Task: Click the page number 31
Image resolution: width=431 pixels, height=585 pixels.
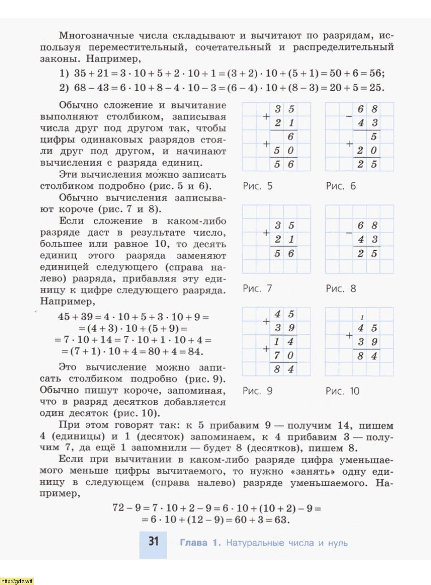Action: [154, 542]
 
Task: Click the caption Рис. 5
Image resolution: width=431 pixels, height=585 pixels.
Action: [257, 186]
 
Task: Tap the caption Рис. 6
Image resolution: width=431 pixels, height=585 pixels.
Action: [341, 186]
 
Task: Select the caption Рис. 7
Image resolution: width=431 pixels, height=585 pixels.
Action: [257, 289]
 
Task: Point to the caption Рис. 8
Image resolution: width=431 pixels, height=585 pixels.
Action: [341, 289]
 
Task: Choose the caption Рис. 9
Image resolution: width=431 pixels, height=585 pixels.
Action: [257, 391]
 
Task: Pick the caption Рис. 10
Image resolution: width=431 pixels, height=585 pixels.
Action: [342, 391]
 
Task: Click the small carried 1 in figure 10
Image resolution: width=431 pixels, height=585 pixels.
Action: [362, 317]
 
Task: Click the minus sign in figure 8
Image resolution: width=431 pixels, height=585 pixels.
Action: [349, 233]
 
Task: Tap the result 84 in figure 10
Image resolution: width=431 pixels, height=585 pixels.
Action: [368, 356]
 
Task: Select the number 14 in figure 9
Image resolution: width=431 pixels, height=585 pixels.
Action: [284, 342]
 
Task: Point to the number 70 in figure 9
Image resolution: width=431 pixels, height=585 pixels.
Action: [284, 356]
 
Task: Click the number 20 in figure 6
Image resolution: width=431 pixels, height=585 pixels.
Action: [368, 150]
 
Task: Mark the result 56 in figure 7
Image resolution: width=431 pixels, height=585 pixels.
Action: [284, 253]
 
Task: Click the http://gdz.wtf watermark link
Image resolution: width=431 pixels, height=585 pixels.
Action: [17, 581]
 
